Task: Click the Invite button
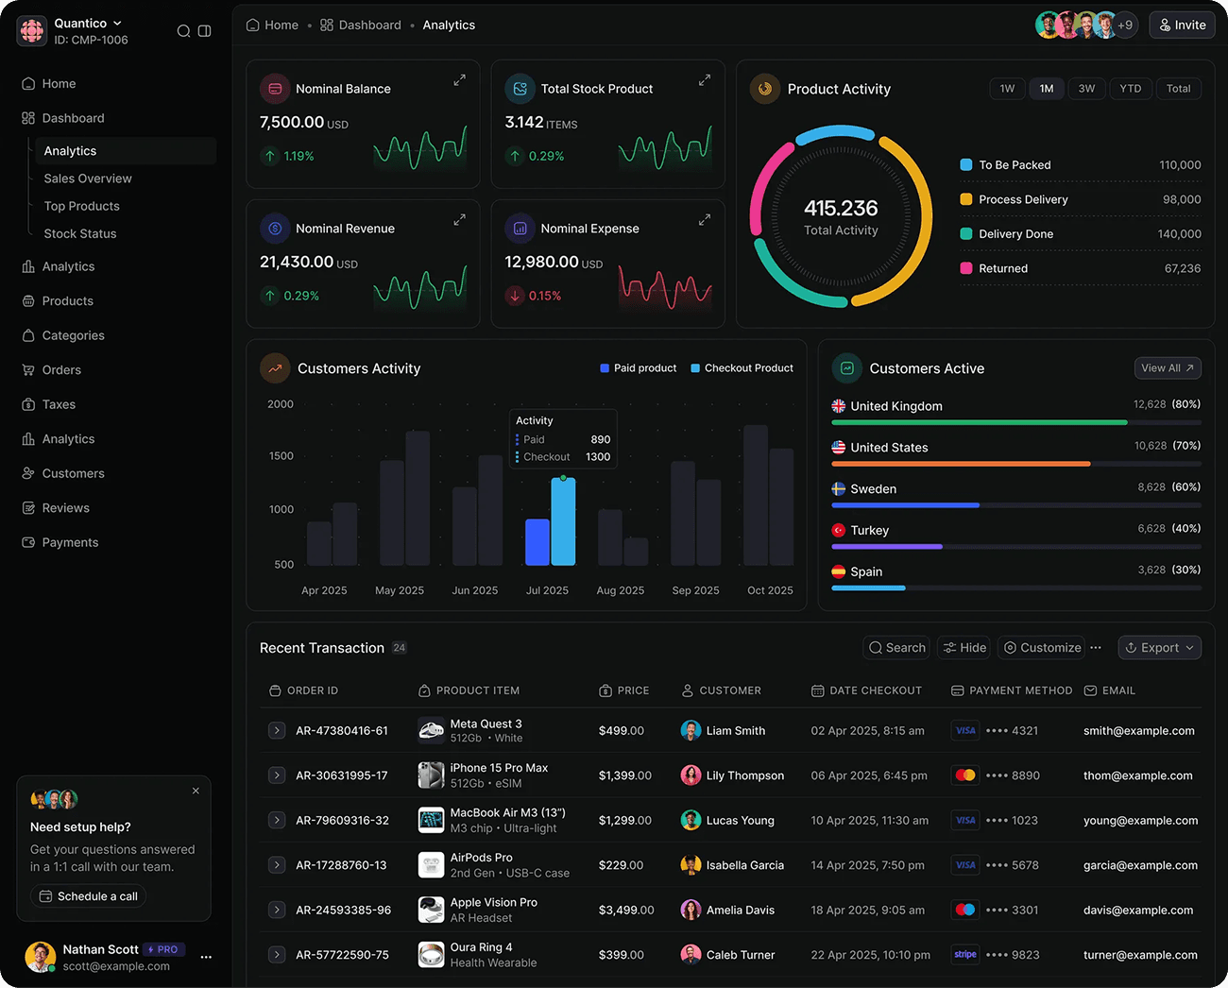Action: pyautogui.click(x=1182, y=26)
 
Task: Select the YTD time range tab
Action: pyautogui.click(x=1130, y=89)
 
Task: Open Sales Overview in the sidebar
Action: pyautogui.click(x=87, y=179)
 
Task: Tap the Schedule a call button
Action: pyautogui.click(x=88, y=896)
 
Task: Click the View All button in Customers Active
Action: pyautogui.click(x=1167, y=368)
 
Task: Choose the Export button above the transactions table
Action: pyautogui.click(x=1159, y=648)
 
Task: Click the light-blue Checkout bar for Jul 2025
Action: pyautogui.click(x=563, y=521)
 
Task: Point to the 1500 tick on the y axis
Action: pyautogui.click(x=281, y=456)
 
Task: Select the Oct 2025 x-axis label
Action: pyautogui.click(x=770, y=590)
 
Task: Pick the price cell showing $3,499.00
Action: pyautogui.click(x=625, y=911)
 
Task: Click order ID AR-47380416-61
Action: pyautogui.click(x=341, y=731)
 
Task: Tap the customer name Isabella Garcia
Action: pyautogui.click(x=744, y=865)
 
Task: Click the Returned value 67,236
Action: pyautogui.click(x=1182, y=269)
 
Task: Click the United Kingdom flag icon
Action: pyautogui.click(x=838, y=406)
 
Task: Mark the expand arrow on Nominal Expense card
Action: pyautogui.click(x=704, y=220)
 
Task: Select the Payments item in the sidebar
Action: pyautogui.click(x=70, y=543)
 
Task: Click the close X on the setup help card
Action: pyautogui.click(x=196, y=792)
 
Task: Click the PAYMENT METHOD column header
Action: pyautogui.click(x=1019, y=691)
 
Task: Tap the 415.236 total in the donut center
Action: pyautogui.click(x=841, y=209)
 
